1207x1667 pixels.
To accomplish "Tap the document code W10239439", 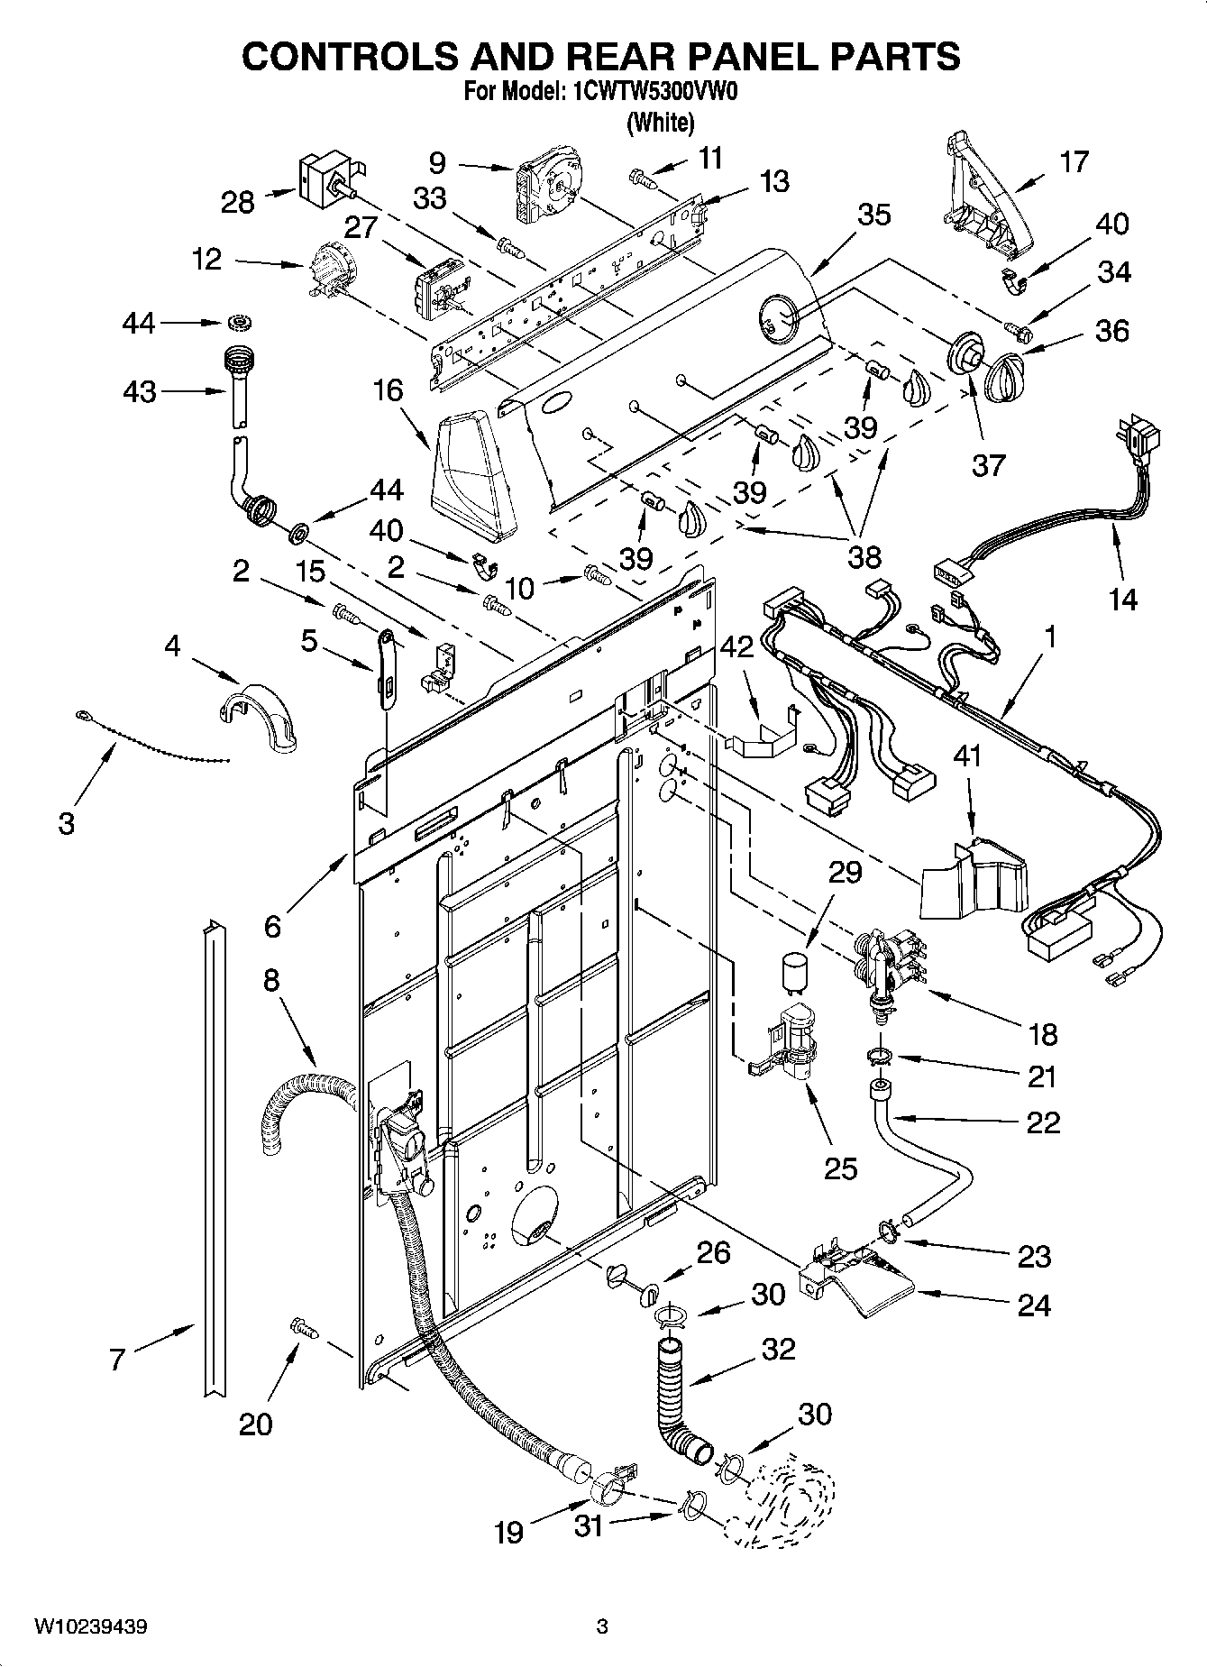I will (x=91, y=1627).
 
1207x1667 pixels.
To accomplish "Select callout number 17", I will (x=1074, y=162).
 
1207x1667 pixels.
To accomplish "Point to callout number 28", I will (x=238, y=202).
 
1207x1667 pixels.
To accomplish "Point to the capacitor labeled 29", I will (x=794, y=970).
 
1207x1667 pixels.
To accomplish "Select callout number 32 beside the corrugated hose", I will (x=779, y=1350).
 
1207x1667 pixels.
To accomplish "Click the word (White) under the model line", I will (x=661, y=123).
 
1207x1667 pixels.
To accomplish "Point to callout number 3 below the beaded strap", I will (x=67, y=823).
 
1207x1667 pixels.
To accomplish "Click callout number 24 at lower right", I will (x=1033, y=1305).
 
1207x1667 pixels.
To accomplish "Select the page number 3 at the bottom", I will (x=603, y=1627).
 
